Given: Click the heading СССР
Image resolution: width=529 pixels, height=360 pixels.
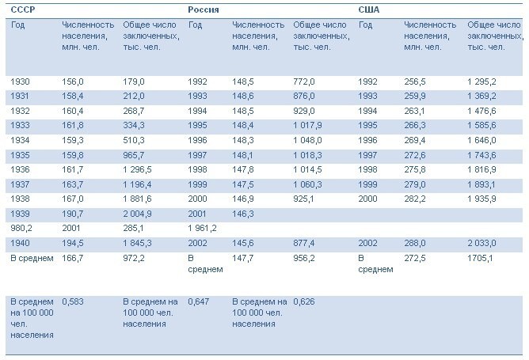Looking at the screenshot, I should tap(21, 9).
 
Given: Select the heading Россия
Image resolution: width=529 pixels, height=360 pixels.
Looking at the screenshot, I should tap(204, 9).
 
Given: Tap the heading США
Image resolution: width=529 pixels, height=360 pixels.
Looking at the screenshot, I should tap(369, 9).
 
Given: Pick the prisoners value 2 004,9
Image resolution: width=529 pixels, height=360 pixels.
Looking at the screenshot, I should tap(140, 214).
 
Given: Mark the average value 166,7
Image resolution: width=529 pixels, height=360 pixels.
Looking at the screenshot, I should tap(73, 258).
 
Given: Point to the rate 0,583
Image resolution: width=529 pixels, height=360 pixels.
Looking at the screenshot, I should tap(73, 301).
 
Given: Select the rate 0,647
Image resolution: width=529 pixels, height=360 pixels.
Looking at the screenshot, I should tap(199, 301).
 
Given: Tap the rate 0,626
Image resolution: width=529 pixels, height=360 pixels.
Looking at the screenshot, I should tap(304, 301).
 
